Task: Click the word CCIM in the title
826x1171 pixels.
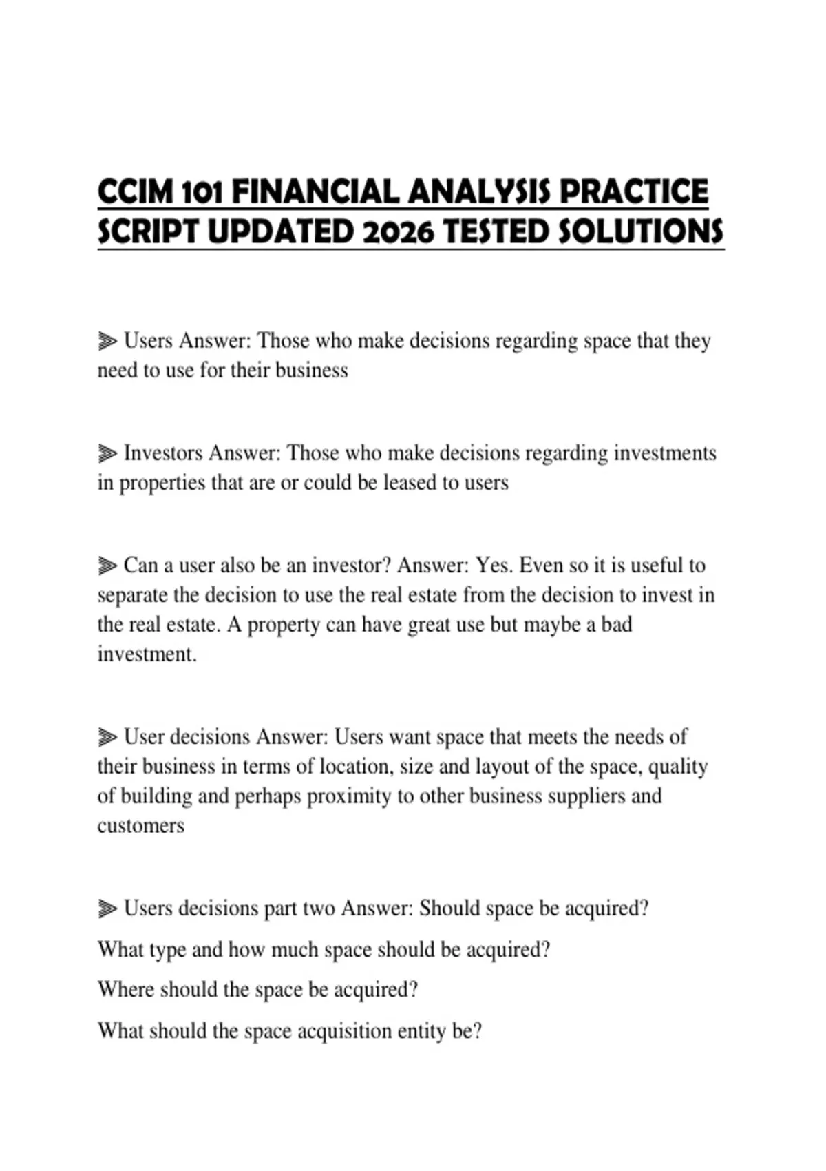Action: (136, 192)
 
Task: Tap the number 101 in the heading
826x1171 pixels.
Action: (202, 192)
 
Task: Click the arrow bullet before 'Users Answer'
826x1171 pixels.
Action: (107, 341)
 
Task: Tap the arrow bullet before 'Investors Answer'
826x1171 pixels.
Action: (107, 453)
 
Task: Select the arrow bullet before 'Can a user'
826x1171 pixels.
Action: (107, 566)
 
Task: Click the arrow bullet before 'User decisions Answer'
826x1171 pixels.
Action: (107, 737)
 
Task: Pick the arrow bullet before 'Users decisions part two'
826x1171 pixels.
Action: (107, 909)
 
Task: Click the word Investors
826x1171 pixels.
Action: (163, 453)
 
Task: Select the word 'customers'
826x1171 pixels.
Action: (141, 825)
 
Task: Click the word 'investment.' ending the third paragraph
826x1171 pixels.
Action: (147, 654)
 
